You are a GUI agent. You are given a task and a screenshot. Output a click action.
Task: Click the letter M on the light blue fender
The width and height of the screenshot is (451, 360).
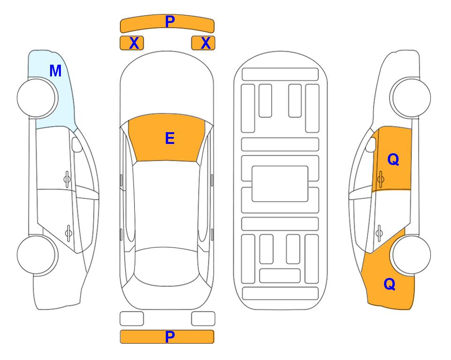[x=55, y=71]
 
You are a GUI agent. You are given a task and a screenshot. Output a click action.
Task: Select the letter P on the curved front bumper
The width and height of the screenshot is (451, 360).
[x=170, y=22]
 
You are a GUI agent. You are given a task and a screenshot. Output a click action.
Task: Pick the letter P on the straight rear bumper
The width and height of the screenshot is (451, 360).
[x=170, y=337]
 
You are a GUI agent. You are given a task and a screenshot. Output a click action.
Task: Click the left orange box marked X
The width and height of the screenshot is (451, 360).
[x=132, y=43]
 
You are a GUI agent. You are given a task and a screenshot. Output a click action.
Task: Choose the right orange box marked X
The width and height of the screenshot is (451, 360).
[x=203, y=43]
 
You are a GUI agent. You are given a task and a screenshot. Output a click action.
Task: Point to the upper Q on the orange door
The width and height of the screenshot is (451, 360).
[x=393, y=159]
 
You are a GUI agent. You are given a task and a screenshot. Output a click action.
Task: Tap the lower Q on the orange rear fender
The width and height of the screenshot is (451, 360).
[x=390, y=284]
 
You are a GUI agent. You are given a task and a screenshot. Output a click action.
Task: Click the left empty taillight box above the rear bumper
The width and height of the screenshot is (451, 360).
[x=132, y=319]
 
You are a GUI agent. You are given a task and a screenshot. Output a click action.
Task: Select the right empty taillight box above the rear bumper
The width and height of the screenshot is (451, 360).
[x=203, y=319]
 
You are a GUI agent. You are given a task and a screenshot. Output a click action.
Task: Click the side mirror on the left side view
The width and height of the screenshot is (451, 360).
[x=77, y=144]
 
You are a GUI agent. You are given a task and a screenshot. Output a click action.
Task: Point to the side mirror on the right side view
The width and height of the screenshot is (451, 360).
[x=371, y=144]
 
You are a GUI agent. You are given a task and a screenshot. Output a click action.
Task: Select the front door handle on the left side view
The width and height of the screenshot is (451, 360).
[x=67, y=180]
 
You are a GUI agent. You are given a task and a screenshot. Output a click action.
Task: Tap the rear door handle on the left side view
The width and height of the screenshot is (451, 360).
[x=68, y=232]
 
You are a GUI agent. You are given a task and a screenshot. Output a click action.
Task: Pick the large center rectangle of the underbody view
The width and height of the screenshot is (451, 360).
[x=280, y=184]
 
